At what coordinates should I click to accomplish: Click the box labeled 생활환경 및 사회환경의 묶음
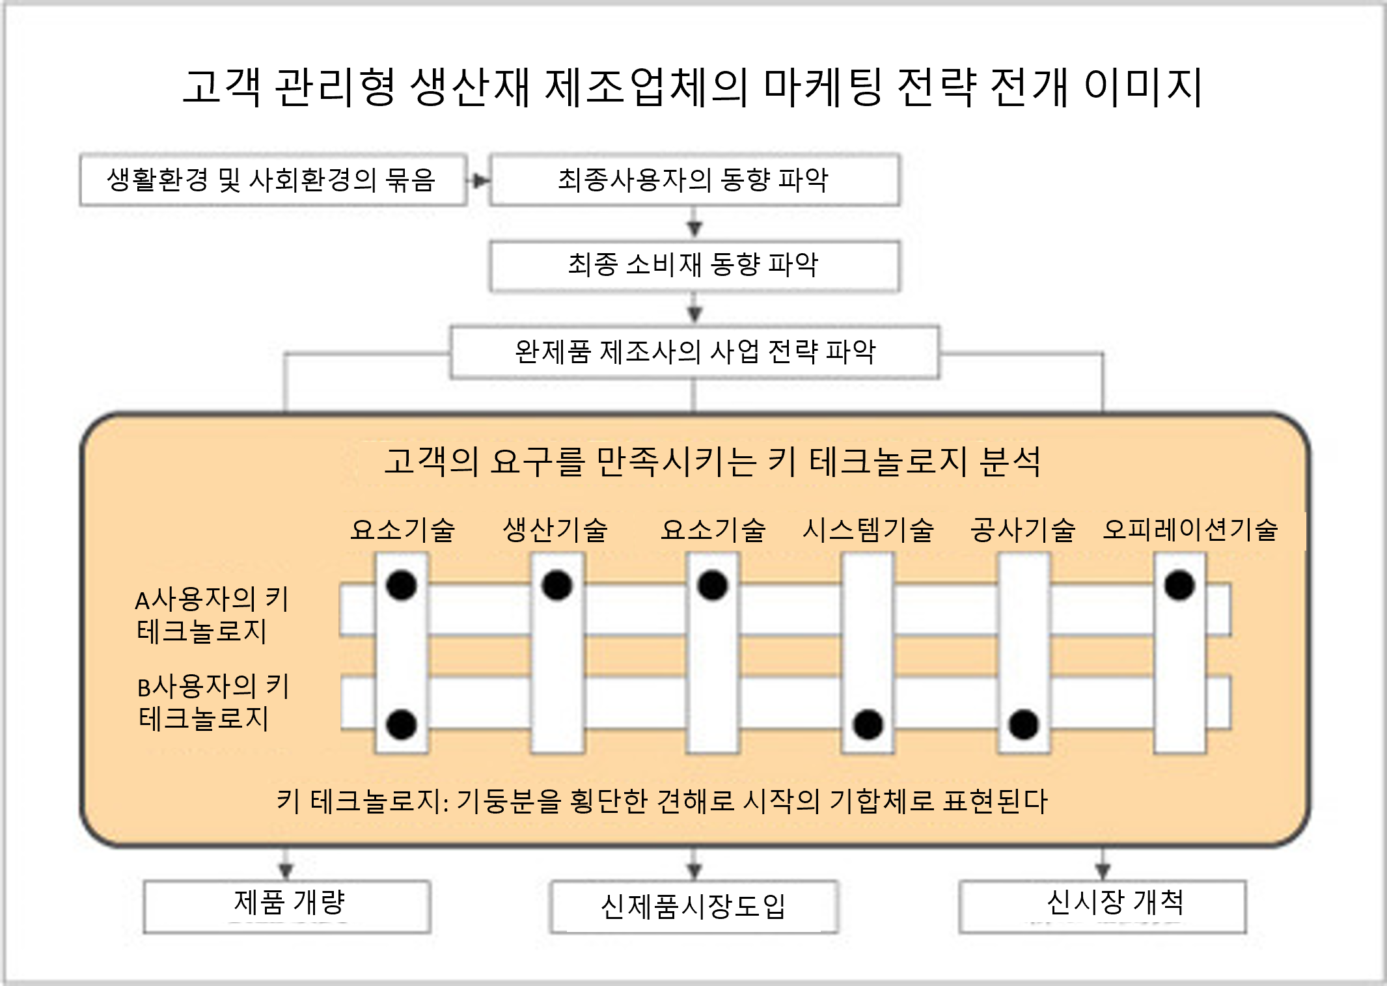tap(273, 180)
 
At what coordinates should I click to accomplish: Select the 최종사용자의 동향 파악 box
tap(694, 180)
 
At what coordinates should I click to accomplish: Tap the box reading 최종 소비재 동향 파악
tap(694, 266)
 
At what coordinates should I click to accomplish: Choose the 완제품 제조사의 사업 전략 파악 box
tap(694, 352)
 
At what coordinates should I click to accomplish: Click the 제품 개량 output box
tap(287, 907)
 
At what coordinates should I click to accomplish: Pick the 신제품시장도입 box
tap(694, 907)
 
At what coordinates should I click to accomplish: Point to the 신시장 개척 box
tap(1103, 907)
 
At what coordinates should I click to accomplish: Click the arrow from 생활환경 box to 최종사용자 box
tap(478, 180)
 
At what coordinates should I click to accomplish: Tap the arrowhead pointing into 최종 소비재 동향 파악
tap(694, 229)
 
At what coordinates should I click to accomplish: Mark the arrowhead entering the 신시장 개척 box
tap(1102, 871)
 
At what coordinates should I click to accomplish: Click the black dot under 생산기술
tap(557, 584)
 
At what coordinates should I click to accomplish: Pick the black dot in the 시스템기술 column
tap(868, 724)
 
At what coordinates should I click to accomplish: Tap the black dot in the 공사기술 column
tap(1023, 724)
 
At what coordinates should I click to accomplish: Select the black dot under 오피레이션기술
tap(1179, 584)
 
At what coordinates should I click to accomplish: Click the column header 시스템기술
tap(868, 530)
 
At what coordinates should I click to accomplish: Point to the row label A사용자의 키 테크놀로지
tap(212, 615)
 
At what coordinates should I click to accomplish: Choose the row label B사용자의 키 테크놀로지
tap(213, 703)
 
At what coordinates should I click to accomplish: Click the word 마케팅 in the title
tap(823, 87)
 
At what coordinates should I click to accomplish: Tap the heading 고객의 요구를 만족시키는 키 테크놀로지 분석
tap(713, 461)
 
